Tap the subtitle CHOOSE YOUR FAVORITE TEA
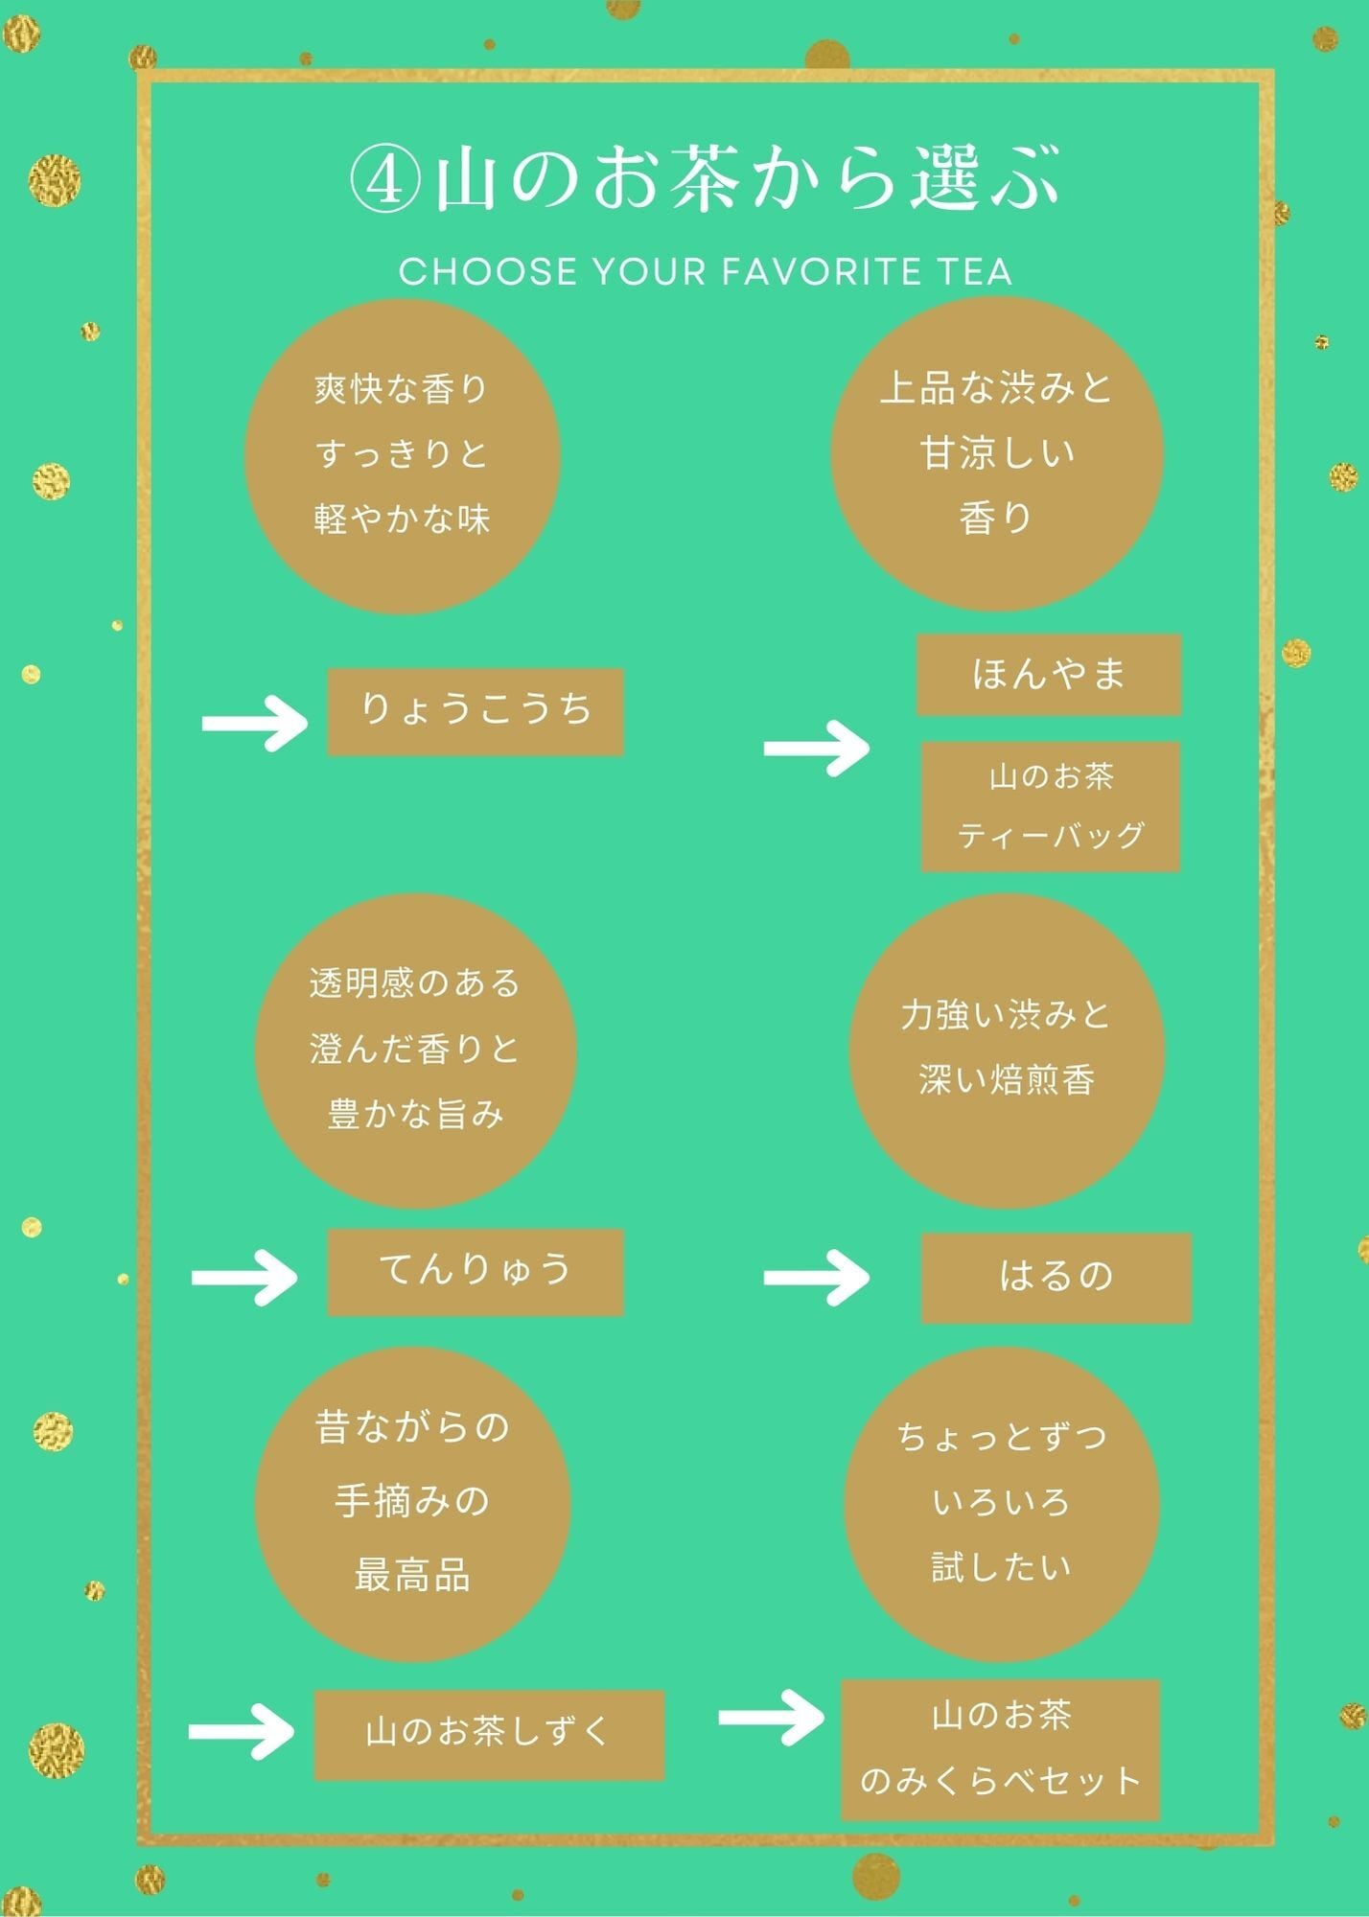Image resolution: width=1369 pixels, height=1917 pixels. tap(706, 272)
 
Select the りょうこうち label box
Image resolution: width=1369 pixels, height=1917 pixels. tap(476, 712)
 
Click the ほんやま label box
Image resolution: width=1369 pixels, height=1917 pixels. tap(1049, 675)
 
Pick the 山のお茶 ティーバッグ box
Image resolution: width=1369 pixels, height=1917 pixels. tap(1050, 806)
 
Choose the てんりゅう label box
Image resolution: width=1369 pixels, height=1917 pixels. tap(476, 1272)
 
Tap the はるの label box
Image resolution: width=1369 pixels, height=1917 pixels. tap(1056, 1278)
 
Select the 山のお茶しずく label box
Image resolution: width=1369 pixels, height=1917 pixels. tap(489, 1735)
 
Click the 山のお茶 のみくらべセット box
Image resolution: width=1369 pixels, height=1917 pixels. tap(1000, 1749)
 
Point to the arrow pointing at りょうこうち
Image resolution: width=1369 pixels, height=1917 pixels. tap(255, 723)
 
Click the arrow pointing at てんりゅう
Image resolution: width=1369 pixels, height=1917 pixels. tap(244, 1277)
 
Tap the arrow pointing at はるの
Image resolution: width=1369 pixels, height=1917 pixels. tap(816, 1277)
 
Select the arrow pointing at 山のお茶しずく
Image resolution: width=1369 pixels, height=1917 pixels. tap(242, 1731)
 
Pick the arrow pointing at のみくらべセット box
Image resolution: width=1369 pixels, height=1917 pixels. tap(771, 1717)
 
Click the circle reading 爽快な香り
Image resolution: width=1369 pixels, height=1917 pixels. tap(403, 456)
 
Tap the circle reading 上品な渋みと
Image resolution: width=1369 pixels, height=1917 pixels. tap(997, 454)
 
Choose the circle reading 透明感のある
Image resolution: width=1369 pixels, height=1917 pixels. tap(415, 1051)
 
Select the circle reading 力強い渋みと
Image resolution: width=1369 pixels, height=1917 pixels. tap(1007, 1051)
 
